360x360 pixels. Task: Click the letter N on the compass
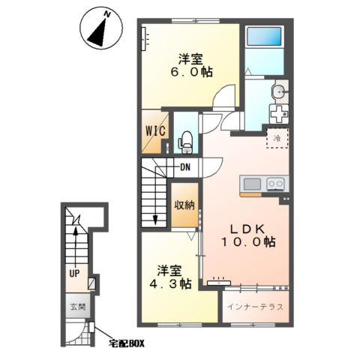click(x=107, y=15)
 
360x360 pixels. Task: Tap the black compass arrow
click(x=98, y=33)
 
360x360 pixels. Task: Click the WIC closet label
click(x=155, y=130)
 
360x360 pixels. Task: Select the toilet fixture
click(x=186, y=142)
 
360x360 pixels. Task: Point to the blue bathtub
click(x=264, y=36)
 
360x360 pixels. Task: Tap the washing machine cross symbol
click(x=278, y=114)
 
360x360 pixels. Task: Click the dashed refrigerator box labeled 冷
click(x=277, y=138)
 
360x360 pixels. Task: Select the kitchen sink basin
click(x=252, y=184)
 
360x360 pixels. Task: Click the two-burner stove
click(x=276, y=184)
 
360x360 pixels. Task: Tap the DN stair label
click(x=185, y=167)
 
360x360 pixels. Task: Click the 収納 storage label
click(x=184, y=205)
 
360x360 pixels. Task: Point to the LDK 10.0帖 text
click(x=247, y=235)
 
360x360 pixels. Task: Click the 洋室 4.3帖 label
click(x=170, y=277)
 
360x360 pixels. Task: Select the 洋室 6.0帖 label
click(x=191, y=65)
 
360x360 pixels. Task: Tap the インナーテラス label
click(x=255, y=307)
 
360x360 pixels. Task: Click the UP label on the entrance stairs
click(x=74, y=274)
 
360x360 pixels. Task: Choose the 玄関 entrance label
click(x=78, y=307)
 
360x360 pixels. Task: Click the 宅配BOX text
click(x=127, y=343)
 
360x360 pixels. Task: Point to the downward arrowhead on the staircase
click(x=155, y=220)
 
